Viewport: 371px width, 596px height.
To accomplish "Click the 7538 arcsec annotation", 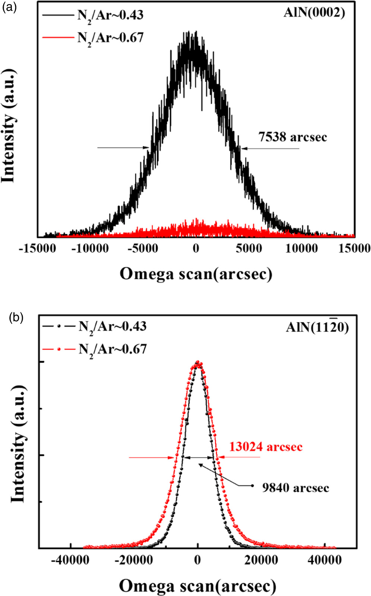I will (x=292, y=137).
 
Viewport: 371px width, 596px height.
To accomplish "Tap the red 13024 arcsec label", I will (x=266, y=446).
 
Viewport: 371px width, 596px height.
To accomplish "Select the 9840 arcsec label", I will (x=295, y=487).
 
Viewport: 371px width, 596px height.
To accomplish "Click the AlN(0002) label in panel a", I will (x=314, y=13).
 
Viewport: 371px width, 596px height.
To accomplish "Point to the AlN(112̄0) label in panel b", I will (x=317, y=327).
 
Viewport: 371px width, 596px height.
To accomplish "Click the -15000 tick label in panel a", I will (x=37, y=248).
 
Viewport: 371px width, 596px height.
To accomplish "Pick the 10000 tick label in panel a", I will (x=302, y=248).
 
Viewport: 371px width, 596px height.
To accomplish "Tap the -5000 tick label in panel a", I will (x=143, y=248).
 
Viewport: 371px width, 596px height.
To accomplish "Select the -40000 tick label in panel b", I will (x=70, y=560).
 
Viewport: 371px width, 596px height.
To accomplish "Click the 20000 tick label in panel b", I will (x=261, y=560).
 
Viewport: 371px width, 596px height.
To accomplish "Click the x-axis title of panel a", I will (x=196, y=274).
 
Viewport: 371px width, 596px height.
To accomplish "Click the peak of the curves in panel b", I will (x=198, y=362).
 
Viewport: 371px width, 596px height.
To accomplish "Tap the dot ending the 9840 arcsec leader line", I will (x=253, y=485).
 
